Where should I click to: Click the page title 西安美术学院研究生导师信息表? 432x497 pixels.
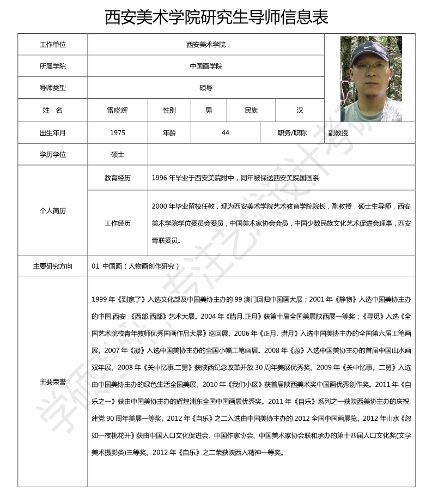coord(216,17)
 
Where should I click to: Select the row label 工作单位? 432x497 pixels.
coord(53,45)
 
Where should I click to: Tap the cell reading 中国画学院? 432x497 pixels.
coord(206,66)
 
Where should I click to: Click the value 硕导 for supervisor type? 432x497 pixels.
coord(206,88)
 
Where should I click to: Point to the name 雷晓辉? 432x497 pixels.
coord(118,110)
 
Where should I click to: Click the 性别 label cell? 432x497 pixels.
coord(169,110)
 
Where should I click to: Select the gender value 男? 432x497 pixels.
coord(209,110)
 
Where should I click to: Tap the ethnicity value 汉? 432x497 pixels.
coord(300,110)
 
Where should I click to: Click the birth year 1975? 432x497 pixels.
coord(118,132)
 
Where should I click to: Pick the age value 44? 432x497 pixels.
coord(226,132)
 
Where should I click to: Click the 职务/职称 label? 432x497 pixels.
coord(292,132)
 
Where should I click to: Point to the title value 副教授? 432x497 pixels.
coord(338,132)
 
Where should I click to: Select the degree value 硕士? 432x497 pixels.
coord(118,154)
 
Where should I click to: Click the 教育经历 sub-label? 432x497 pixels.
coord(118,178)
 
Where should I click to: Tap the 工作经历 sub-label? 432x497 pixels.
coord(118,223)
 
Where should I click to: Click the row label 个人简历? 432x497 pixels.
coord(53,210)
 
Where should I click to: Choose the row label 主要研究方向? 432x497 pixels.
coord(53,266)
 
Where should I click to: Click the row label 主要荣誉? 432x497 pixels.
coord(53,381)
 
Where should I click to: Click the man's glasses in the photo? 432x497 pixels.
coord(371,67)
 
